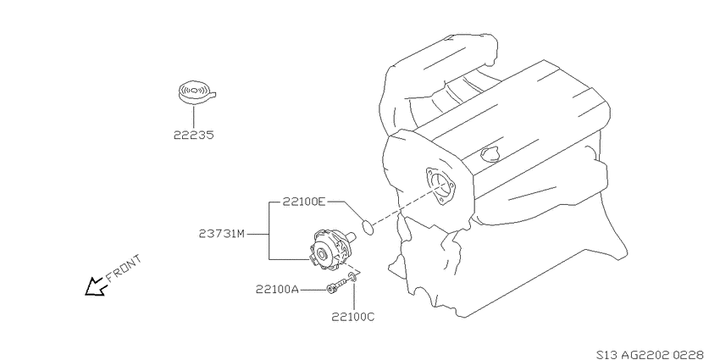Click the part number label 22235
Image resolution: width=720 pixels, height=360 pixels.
point(194,135)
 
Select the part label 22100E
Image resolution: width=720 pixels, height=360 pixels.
point(303,202)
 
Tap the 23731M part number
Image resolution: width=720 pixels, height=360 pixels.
point(222,234)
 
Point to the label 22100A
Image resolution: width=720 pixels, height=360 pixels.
point(277,290)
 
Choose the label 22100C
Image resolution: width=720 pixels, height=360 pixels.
point(352,317)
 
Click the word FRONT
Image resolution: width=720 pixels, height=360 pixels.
point(124,269)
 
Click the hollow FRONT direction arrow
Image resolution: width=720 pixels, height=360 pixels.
point(96,287)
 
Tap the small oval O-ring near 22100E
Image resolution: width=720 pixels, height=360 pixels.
point(368,227)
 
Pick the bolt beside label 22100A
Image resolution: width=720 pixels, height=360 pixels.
point(335,285)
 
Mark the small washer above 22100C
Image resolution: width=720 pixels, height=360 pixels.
point(352,276)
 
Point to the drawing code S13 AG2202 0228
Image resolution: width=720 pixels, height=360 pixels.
point(650,354)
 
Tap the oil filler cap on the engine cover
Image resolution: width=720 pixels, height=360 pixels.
point(490,153)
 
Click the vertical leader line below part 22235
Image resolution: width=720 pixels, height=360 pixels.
point(194,117)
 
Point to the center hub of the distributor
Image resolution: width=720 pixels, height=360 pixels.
point(321,254)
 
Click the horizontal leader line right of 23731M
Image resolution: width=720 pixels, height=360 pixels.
point(258,234)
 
